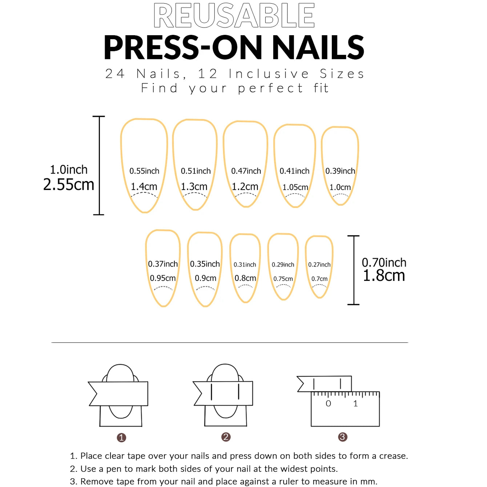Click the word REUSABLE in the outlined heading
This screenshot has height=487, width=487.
click(x=234, y=16)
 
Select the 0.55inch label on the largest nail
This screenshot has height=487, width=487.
click(x=144, y=171)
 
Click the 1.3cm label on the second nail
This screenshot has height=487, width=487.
click(x=194, y=187)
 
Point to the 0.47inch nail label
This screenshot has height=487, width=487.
click(x=246, y=171)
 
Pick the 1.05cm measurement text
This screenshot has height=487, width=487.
click(x=295, y=187)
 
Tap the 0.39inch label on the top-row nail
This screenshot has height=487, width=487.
click(x=340, y=171)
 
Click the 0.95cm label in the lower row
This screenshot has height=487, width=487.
click(x=163, y=278)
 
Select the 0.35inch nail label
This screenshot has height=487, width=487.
click(x=205, y=264)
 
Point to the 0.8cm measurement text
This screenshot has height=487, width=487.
click(x=245, y=278)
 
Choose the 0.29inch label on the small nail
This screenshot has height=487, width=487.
click(x=283, y=265)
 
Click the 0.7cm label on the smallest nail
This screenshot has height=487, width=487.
click(x=319, y=279)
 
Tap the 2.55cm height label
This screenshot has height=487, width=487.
click(x=69, y=185)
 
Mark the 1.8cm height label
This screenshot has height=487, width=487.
click(x=384, y=275)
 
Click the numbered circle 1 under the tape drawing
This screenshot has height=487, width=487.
click(x=121, y=438)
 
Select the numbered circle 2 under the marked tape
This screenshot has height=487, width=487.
click(x=226, y=437)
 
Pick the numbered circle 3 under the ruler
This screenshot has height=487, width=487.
click(x=342, y=437)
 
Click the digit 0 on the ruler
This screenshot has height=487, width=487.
click(x=328, y=404)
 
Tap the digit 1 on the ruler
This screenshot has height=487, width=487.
click(x=355, y=404)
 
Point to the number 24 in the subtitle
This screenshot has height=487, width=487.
click(x=115, y=74)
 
